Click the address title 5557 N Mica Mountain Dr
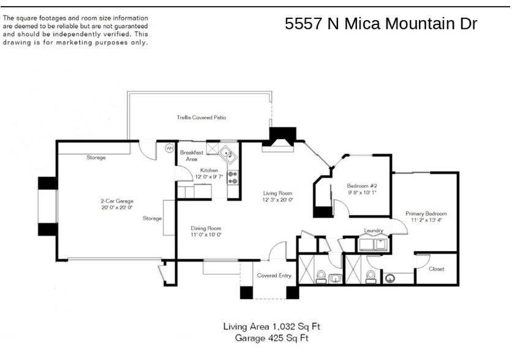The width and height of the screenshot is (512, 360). (x=380, y=24)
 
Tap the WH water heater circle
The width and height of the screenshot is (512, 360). (x=170, y=148)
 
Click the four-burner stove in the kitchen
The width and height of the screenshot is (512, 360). (x=233, y=178)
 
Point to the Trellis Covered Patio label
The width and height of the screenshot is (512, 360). (x=197, y=117)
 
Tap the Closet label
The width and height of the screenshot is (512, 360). (x=436, y=269)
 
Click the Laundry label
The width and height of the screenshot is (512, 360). (x=373, y=231)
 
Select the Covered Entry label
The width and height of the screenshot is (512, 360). (x=274, y=276)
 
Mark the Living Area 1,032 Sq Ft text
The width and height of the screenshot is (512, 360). (x=271, y=326)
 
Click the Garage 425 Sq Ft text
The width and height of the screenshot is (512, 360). (x=271, y=337)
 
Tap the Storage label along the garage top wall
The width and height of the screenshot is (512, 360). (x=96, y=157)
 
